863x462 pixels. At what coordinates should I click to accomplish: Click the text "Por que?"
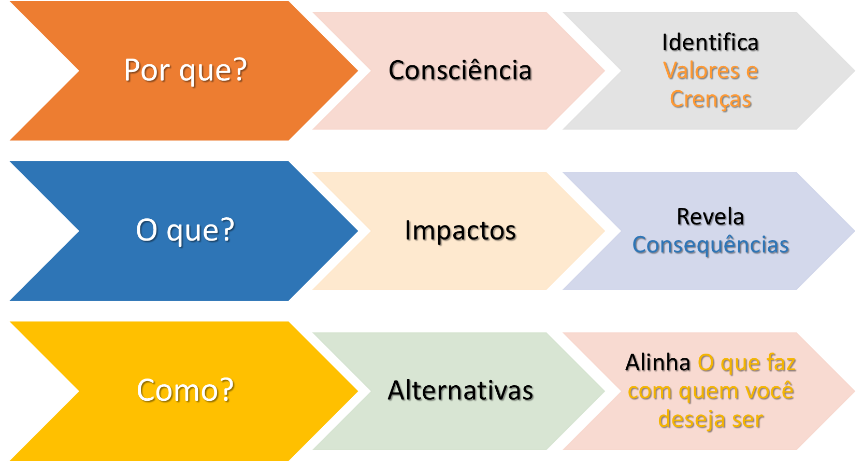tap(185, 71)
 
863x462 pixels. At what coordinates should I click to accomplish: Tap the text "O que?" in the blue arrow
tap(185, 230)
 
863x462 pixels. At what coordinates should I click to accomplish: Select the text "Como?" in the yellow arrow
tap(185, 390)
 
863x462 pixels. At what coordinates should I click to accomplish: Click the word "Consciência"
tap(460, 71)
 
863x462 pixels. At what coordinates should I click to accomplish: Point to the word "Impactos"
tap(460, 230)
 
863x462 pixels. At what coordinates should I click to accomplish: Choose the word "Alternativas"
tap(460, 390)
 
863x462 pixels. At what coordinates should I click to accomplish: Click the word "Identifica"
tap(710, 43)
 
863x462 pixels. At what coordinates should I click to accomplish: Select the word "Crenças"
tap(711, 100)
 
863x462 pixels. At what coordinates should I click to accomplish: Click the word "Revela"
tap(710, 217)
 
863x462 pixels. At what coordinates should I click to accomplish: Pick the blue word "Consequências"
tap(711, 245)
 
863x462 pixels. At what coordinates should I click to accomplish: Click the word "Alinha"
tap(657, 363)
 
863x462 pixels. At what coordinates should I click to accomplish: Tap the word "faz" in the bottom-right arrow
tap(782, 363)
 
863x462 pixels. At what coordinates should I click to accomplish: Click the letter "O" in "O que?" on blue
tap(147, 230)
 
